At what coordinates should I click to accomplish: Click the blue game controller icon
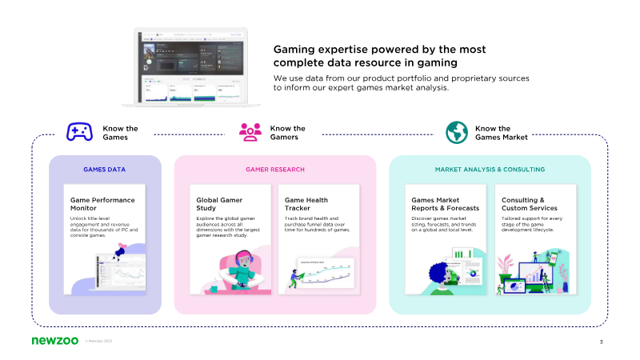coord(78,133)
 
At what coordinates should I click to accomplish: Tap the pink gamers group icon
coord(250,133)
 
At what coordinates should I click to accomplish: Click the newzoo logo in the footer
coord(55,342)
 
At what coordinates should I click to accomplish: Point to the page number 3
coord(601,342)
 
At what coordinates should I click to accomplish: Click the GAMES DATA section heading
coord(104,170)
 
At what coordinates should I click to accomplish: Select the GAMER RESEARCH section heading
coord(275,170)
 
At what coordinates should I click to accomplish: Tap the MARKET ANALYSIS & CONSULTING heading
coord(490,170)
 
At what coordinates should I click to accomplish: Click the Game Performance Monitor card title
coord(102,203)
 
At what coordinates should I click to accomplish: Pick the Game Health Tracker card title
coord(306,203)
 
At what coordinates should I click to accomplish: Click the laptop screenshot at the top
coord(191,68)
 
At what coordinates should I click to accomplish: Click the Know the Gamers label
coord(287,133)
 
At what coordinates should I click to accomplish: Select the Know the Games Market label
coord(501,133)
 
